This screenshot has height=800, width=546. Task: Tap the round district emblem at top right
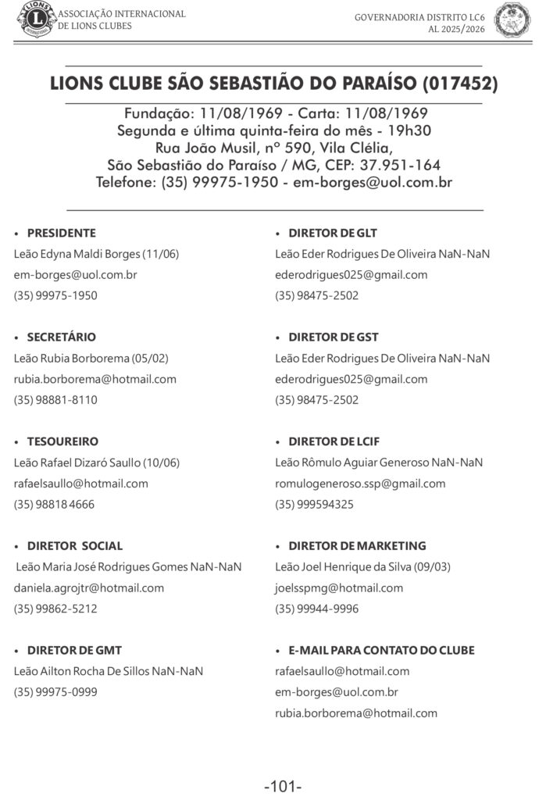pos(512,20)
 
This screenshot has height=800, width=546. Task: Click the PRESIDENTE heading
pos(62,233)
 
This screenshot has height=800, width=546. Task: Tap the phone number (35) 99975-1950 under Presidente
pos(55,296)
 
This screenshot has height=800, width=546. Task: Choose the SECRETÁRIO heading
pos(62,337)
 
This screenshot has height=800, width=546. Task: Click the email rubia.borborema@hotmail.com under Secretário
pos(95,379)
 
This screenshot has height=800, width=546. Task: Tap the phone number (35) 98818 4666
pos(54,505)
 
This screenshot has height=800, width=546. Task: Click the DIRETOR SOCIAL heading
pos(75,546)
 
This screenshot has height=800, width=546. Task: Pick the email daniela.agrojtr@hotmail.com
pos(89,587)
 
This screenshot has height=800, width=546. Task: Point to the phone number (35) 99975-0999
pos(55,692)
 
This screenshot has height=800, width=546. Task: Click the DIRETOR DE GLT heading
pos(333,233)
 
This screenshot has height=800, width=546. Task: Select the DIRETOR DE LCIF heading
pos(334,441)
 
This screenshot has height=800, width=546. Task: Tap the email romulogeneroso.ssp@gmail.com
pos(360,484)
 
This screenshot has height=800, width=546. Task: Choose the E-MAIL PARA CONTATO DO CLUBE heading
pos(381,650)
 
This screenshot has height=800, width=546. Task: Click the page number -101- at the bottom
pos(283,786)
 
